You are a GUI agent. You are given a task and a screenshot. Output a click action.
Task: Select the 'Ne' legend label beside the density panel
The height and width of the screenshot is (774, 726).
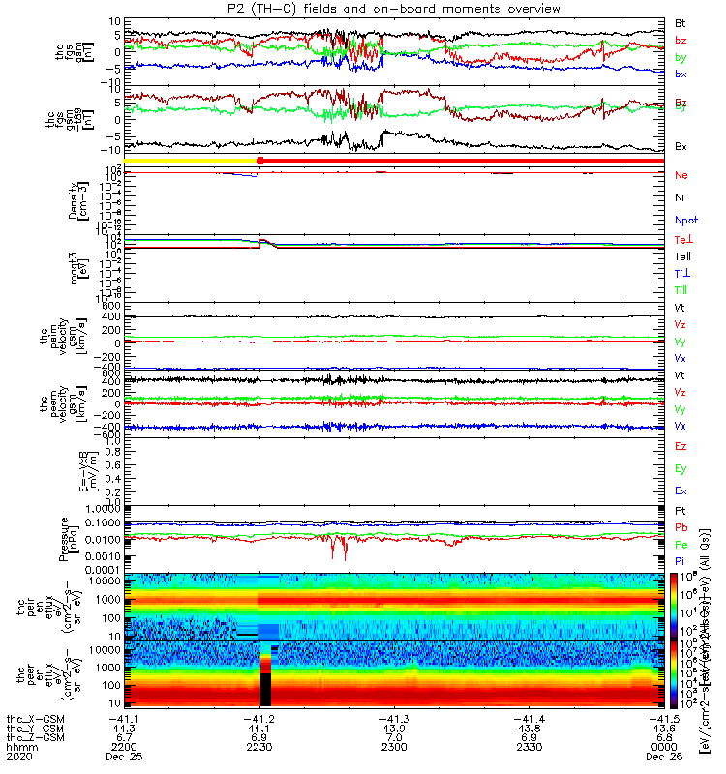pos(681,176)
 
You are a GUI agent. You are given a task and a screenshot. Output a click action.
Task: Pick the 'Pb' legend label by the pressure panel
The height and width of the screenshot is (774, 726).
pos(681,527)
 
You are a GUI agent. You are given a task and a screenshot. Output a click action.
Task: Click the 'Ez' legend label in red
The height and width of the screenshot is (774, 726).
pos(681,446)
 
